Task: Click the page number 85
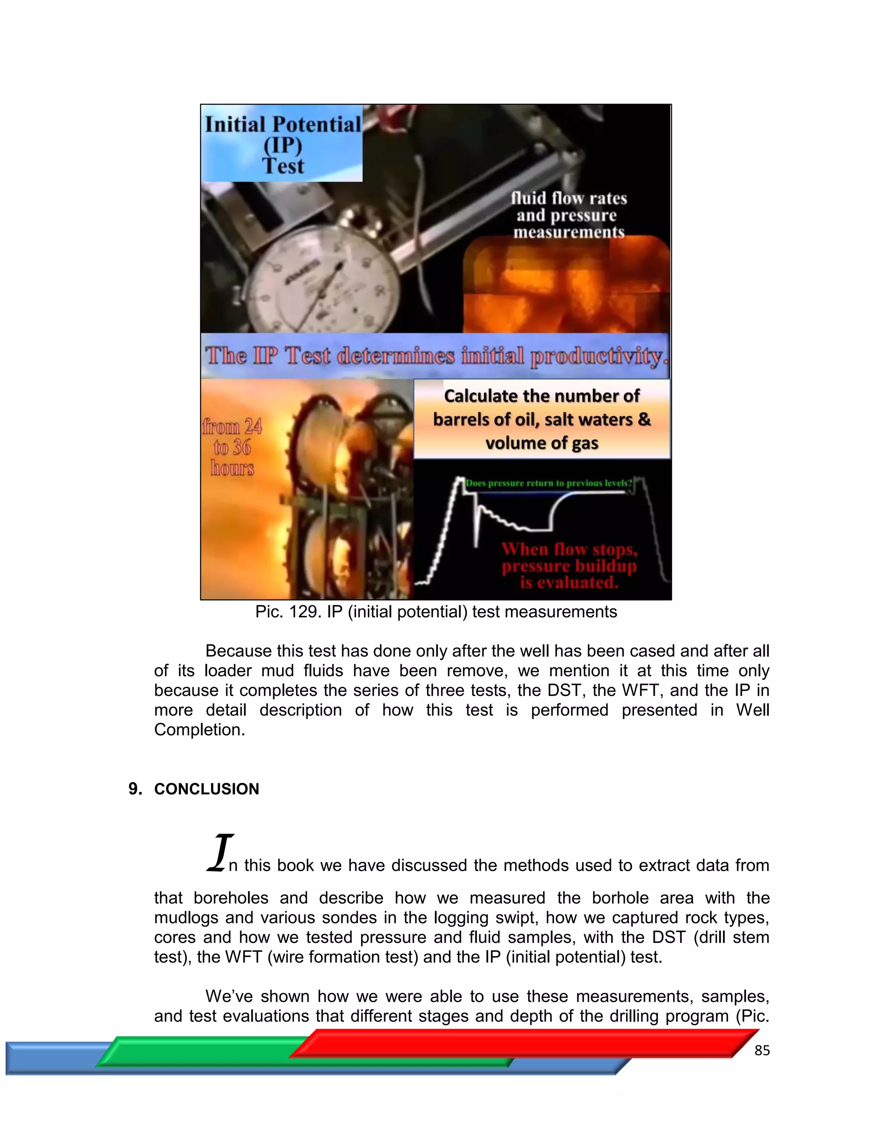[762, 1050]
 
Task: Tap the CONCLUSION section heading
[206, 788]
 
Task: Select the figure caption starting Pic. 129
[436, 611]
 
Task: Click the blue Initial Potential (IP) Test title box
[282, 143]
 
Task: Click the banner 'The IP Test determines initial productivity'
[434, 356]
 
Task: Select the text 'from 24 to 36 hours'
[232, 447]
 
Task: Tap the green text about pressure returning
[548, 483]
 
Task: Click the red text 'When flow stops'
[569, 550]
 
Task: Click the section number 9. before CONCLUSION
[135, 788]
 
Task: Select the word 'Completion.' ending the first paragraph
[199, 730]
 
